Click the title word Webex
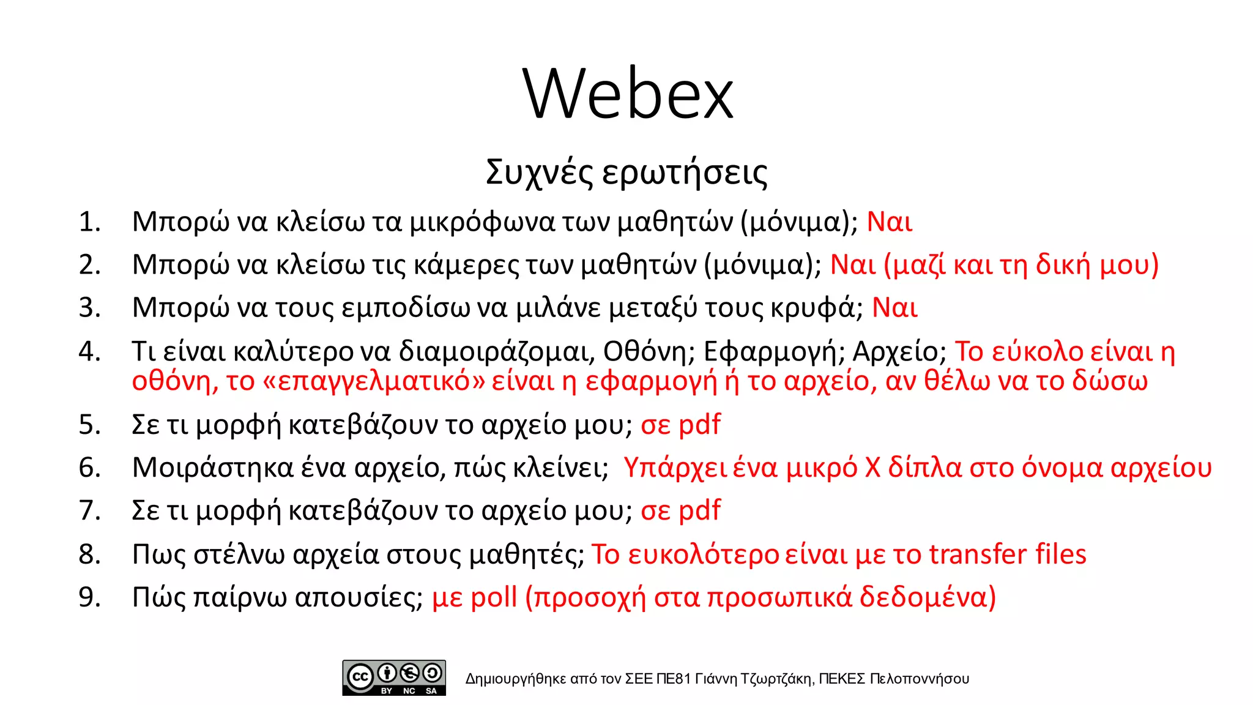pos(628,94)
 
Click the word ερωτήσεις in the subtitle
pos(685,173)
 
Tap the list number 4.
pos(89,351)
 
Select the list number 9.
pos(89,597)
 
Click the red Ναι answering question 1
pos(890,222)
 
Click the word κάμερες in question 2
pos(463,265)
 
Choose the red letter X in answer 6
pos(872,468)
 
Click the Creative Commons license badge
pos(394,677)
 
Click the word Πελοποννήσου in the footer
pos(919,679)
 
